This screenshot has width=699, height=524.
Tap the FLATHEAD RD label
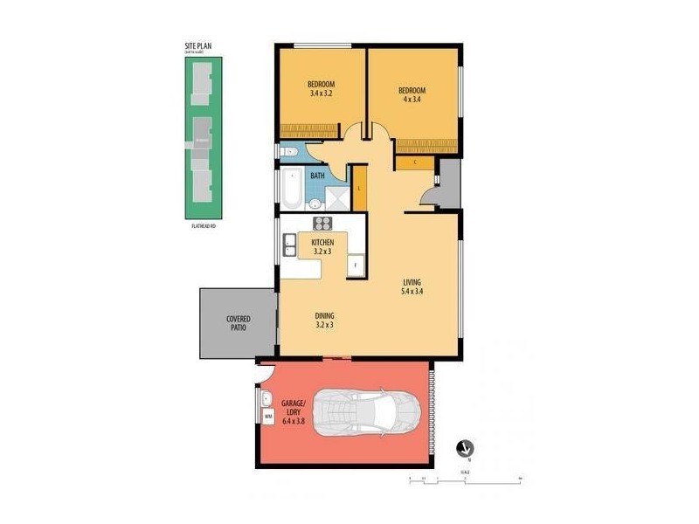203,226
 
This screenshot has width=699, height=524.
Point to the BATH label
317,176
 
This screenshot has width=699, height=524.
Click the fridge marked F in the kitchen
355,265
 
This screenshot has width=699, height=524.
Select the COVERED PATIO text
238,324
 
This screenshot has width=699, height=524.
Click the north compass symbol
464,447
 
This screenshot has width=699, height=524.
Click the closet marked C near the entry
414,162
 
